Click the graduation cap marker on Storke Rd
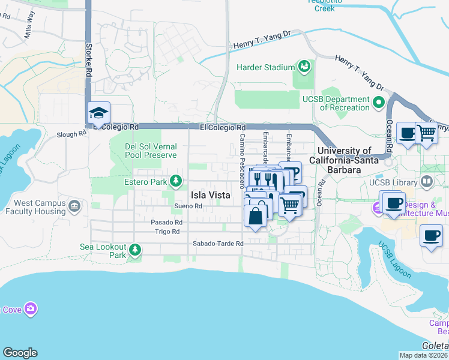coord(99,112)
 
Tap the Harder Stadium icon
coord(304,65)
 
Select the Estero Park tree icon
coord(175,181)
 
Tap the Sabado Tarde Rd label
coord(217,244)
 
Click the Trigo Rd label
coord(167,231)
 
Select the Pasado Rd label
coord(166,222)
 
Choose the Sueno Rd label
coord(188,206)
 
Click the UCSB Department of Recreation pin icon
coord(379,103)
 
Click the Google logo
coord(20,352)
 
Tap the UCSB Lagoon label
coord(394,260)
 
